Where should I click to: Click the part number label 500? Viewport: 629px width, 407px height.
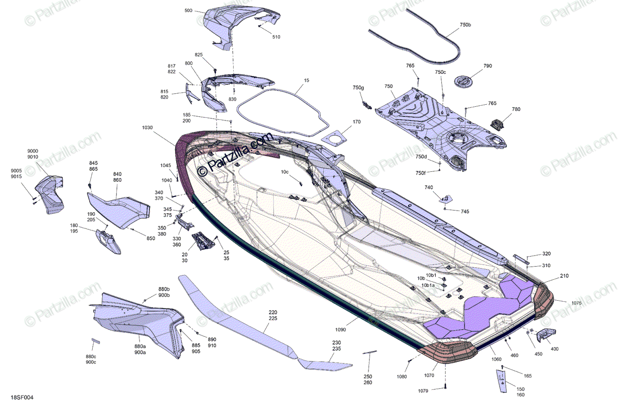188,10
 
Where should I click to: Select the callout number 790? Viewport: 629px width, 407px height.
487,67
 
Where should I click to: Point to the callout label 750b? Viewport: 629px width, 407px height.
465,25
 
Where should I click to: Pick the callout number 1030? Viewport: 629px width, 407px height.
147,127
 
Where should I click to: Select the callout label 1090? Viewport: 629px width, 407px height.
341,329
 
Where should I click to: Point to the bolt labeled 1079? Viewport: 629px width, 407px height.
445,386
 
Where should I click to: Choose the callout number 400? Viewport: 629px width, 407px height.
555,349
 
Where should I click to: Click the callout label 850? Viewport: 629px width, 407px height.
151,239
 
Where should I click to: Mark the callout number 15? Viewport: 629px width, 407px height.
307,81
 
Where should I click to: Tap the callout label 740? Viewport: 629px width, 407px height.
429,187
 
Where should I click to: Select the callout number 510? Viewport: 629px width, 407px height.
276,37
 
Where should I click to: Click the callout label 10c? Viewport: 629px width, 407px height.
285,172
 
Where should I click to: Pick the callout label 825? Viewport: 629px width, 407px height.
199,55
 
